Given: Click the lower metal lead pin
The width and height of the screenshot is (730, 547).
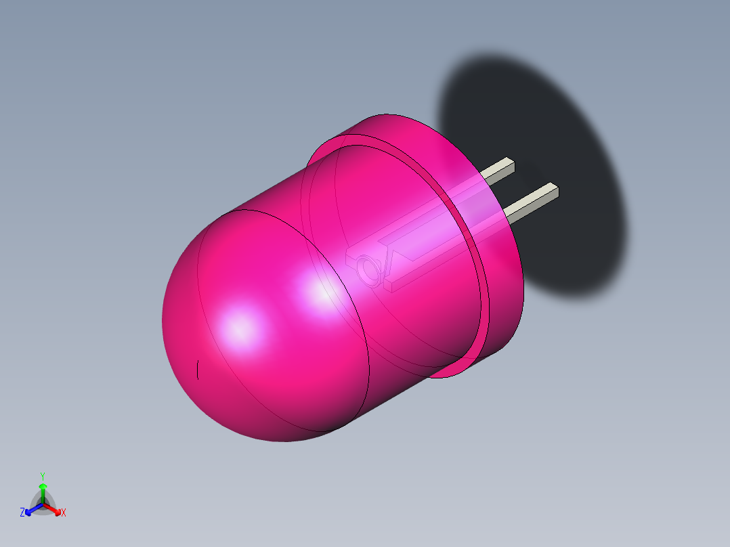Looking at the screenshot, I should point(532,201).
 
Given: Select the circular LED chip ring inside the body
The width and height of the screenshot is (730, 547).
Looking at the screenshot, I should point(370,269).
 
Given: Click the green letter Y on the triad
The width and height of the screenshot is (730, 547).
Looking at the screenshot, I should point(42,476).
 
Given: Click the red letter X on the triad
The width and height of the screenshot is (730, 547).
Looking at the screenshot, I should point(64,512).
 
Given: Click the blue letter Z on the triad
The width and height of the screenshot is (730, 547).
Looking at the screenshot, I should point(22,512).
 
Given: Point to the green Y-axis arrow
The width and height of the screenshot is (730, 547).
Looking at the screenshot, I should point(42,491).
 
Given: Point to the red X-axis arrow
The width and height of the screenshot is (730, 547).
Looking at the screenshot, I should point(54,508).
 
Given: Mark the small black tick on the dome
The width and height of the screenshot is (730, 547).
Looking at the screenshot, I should point(197,370).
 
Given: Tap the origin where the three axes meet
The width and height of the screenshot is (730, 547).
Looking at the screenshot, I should point(43,504).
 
